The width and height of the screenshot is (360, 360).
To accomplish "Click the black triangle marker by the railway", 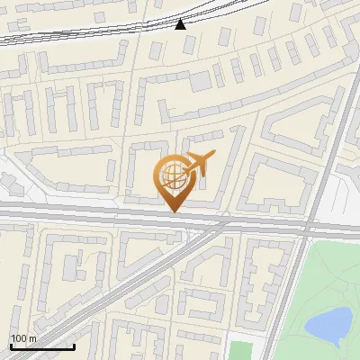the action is tap(181, 23).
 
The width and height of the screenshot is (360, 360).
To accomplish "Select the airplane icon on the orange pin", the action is tap(199, 163).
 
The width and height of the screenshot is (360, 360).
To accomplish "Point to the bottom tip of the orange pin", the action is tap(171, 212).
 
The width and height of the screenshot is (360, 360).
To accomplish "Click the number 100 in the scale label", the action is tap(17, 338).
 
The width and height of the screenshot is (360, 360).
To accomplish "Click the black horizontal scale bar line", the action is tap(41, 346).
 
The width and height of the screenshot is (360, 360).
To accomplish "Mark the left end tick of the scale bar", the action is tap(10, 345).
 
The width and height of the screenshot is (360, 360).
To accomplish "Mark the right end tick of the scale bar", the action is tap(74, 345).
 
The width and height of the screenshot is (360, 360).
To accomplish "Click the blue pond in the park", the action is tap(329, 326).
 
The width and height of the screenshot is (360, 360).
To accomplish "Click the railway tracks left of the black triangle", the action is tap(90, 33).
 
